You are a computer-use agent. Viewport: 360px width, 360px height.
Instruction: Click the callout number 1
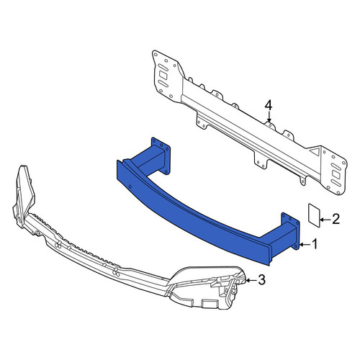tap(315, 244)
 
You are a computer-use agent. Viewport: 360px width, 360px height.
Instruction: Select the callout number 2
tap(336, 219)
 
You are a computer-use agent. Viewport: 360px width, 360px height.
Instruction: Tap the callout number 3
tap(261, 279)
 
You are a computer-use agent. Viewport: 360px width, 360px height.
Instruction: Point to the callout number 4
tap(269, 106)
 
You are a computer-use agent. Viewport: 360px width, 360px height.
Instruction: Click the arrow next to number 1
tap(305, 245)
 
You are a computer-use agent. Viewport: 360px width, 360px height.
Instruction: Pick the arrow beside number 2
tap(325, 220)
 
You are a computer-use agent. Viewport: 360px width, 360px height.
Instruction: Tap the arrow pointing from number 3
tap(251, 280)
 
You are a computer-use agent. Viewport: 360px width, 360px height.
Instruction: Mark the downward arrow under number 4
tap(269, 117)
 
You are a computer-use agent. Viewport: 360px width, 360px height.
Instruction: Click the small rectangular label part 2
tap(314, 215)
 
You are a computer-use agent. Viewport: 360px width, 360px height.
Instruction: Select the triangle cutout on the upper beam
tap(313, 150)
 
